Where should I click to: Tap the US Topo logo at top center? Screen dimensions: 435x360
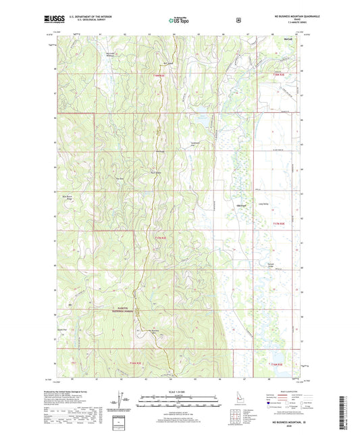pyautogui.click(x=179, y=21)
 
